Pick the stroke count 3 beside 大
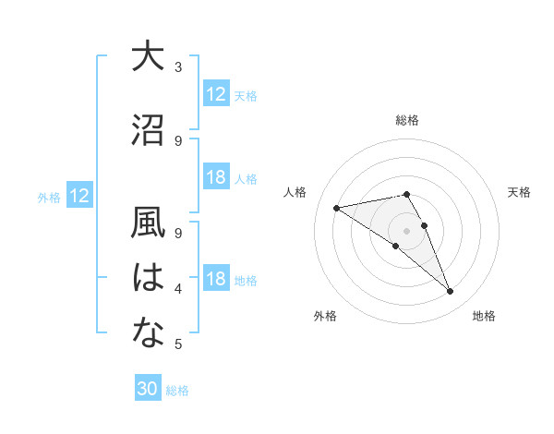[178, 67]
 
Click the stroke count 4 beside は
[178, 289]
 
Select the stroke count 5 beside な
[178, 344]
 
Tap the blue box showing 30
[148, 389]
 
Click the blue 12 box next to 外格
[79, 196]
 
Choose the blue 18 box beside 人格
[216, 177]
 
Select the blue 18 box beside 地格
[216, 280]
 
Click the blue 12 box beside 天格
[216, 94]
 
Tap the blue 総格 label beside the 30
[178, 391]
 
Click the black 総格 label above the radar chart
[406, 120]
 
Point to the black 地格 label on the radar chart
[484, 317]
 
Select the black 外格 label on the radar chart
[325, 317]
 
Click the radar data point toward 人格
[337, 207]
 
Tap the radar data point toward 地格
[451, 292]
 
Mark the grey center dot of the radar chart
[406, 230]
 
